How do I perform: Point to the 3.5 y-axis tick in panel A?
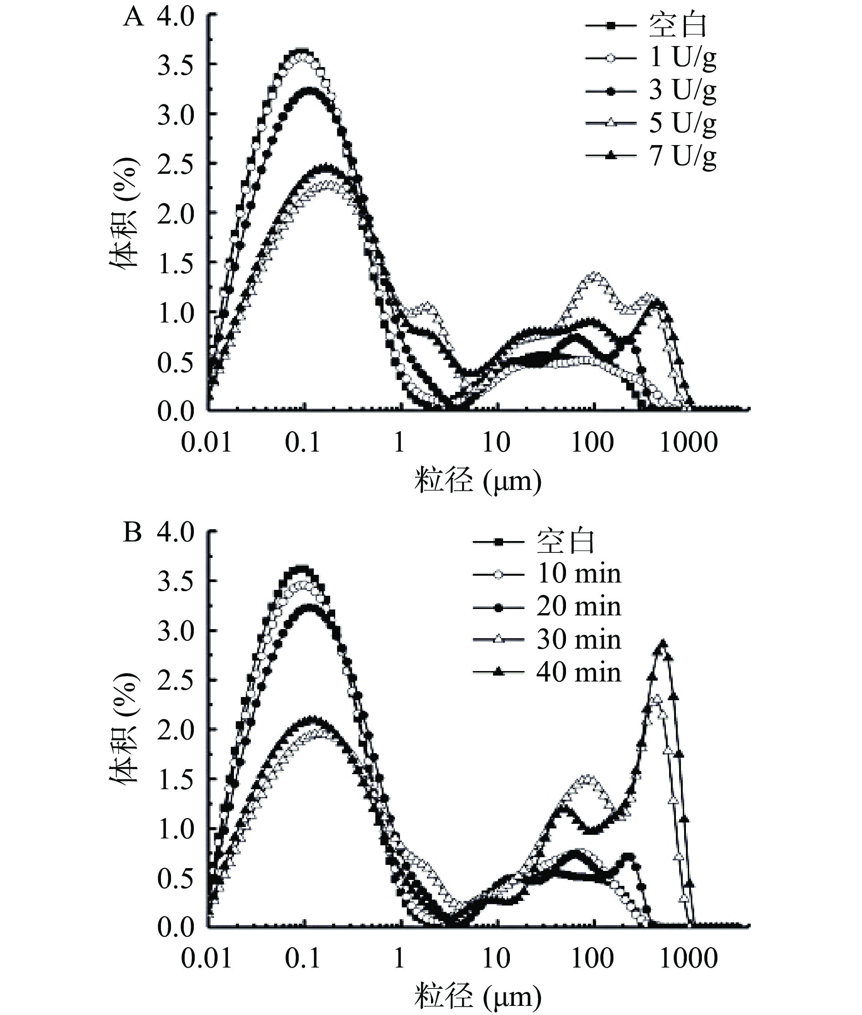click(176, 65)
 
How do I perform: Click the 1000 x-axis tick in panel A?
click(689, 442)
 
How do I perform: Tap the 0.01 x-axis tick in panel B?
click(206, 959)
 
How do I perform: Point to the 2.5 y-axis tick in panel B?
click(176, 681)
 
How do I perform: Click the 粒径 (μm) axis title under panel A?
click(478, 481)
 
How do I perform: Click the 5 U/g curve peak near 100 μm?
click(595, 275)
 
